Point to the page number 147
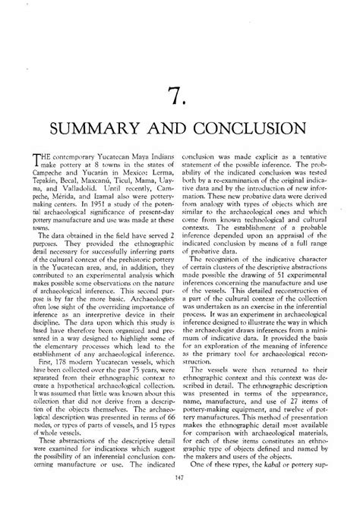tap(179, 497)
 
